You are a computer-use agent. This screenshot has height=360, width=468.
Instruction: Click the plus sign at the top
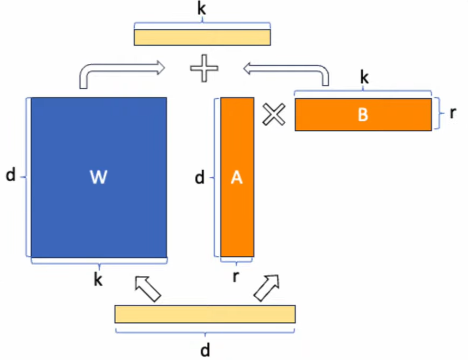(x=204, y=70)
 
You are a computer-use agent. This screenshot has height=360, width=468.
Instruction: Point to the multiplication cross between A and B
(x=274, y=115)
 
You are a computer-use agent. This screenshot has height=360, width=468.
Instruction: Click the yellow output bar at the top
(x=202, y=37)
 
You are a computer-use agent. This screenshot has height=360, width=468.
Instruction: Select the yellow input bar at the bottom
(x=205, y=314)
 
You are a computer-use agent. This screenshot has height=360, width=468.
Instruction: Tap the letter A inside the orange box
(x=236, y=177)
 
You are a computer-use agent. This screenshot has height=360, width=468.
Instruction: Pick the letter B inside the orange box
(x=363, y=115)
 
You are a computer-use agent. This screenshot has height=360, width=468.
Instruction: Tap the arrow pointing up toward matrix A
(x=268, y=287)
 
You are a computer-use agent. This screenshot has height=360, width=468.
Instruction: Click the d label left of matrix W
(x=10, y=176)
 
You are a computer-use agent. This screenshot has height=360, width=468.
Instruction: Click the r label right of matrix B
(x=453, y=113)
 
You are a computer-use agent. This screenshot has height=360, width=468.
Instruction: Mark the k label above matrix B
(x=364, y=78)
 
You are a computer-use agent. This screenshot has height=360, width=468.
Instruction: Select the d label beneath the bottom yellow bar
(x=205, y=350)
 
